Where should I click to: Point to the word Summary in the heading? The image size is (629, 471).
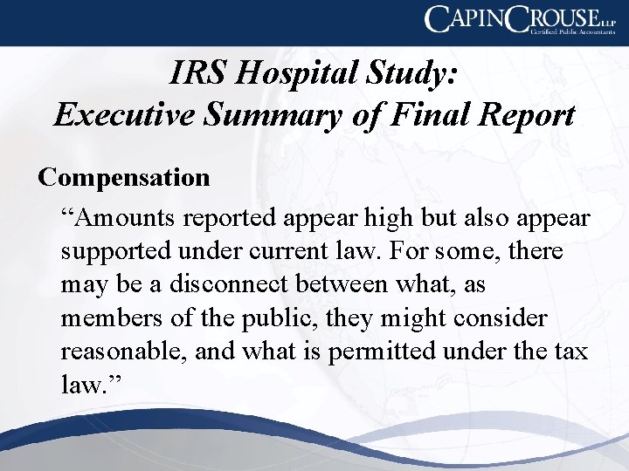[267, 114]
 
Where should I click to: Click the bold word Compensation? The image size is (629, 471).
[124, 177]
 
